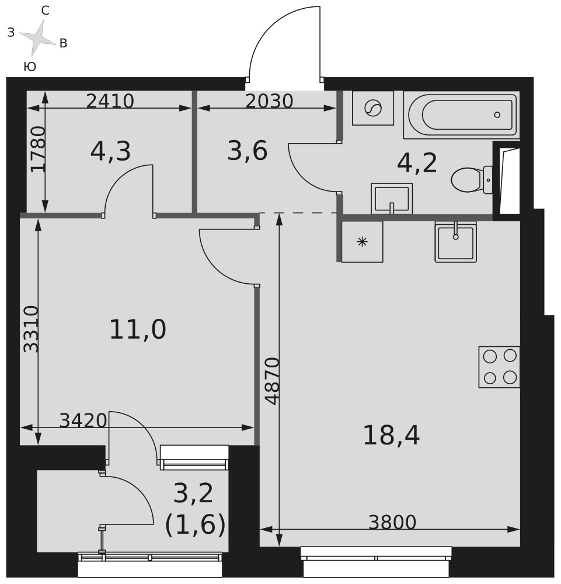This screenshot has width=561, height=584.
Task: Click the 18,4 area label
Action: pos(391,436)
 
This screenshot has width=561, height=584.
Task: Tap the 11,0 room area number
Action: pos(138,329)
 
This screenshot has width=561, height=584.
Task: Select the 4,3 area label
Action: pos(110,152)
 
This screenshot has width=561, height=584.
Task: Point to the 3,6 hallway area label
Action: pos(248,151)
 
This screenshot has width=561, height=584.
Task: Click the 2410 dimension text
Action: pos(110,101)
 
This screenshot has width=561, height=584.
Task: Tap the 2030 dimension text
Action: pos(269,101)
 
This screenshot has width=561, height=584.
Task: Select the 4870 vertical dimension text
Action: pos(272,381)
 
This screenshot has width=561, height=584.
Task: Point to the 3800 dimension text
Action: pos(392,522)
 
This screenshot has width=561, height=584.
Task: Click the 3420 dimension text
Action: pos(83,420)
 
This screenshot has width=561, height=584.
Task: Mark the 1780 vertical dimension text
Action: pos(38,150)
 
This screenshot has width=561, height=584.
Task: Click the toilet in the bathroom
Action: pos(472,180)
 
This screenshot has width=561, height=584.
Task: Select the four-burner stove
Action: pos(499,367)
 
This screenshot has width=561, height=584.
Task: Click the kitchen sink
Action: pos(456,242)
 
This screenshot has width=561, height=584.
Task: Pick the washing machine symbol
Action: pos(373,108)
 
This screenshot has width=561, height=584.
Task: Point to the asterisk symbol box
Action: pos(362,242)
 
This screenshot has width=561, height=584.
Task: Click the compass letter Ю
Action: pos(30,67)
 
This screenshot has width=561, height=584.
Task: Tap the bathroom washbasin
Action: pos(392,199)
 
